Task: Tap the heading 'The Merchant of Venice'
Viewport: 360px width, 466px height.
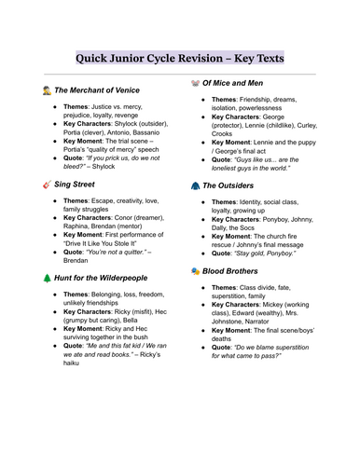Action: tap(102, 90)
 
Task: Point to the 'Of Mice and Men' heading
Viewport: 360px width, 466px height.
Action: tap(246, 83)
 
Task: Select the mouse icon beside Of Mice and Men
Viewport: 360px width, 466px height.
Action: tap(194, 83)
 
